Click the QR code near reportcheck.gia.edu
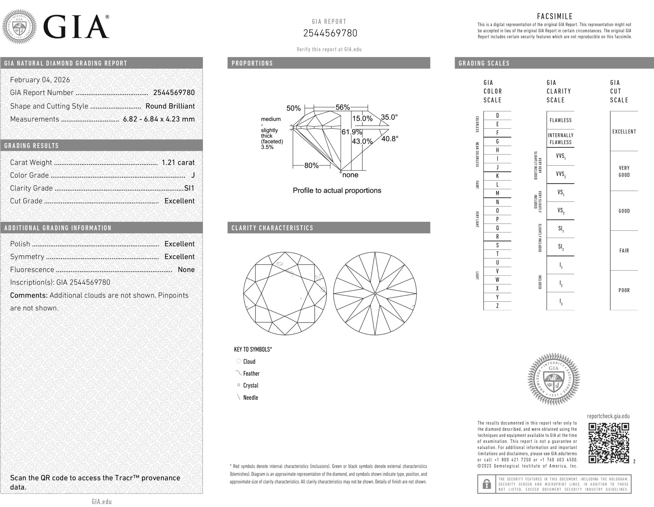tap(609, 443)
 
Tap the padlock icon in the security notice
tap(487, 484)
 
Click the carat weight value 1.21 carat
tap(178, 162)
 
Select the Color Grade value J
tap(193, 175)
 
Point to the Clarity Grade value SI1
tap(189, 188)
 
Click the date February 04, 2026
tap(40, 80)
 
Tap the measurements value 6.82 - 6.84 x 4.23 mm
tap(159, 119)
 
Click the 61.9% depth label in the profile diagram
tap(352, 132)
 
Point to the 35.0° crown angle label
tap(389, 117)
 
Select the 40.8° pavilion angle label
tap(390, 139)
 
